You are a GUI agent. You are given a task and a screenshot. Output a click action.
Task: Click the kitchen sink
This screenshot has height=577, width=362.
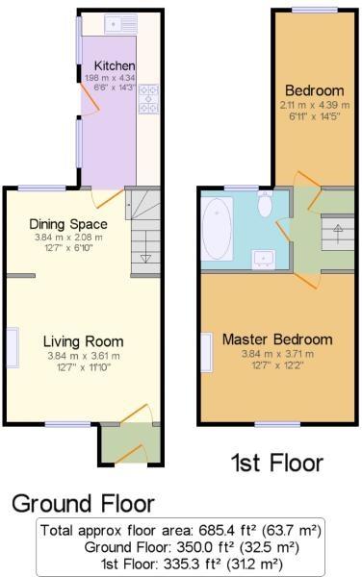[120, 24]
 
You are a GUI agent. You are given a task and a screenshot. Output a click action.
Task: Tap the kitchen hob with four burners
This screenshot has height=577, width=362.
[149, 99]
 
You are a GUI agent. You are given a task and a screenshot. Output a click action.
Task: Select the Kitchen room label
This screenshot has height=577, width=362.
[115, 65]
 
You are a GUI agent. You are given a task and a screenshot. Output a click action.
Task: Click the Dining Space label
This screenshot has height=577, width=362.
[68, 224]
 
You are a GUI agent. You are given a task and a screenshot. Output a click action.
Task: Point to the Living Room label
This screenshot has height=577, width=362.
[83, 341]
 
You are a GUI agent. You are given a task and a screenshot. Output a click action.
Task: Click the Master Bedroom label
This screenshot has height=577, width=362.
[277, 339]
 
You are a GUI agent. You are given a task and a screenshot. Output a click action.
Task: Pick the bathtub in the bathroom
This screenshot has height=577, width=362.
[218, 230]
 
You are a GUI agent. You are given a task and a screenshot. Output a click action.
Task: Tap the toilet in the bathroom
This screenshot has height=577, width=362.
[265, 204]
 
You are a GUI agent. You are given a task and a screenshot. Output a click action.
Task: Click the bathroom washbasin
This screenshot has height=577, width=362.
[264, 259]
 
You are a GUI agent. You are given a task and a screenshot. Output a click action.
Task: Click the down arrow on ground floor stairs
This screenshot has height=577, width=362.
[145, 258]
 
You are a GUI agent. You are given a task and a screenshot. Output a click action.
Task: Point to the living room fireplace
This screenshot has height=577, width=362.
[13, 347]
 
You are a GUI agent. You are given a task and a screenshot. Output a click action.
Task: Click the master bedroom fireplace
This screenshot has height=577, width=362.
[207, 353]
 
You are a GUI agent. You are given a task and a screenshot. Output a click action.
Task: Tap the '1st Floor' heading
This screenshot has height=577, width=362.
[277, 463]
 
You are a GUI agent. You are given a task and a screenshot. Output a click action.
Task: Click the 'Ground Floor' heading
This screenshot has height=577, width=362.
[83, 504]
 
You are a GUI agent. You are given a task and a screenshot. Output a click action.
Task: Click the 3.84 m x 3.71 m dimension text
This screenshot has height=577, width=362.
[277, 354]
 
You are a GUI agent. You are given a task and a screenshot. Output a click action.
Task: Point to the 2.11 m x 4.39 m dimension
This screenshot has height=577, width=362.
[314, 105]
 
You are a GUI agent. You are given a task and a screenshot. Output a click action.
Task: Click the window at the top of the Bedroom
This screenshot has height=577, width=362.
[315, 11]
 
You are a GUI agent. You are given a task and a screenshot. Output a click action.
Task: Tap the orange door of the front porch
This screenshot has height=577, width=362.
[128, 454]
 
